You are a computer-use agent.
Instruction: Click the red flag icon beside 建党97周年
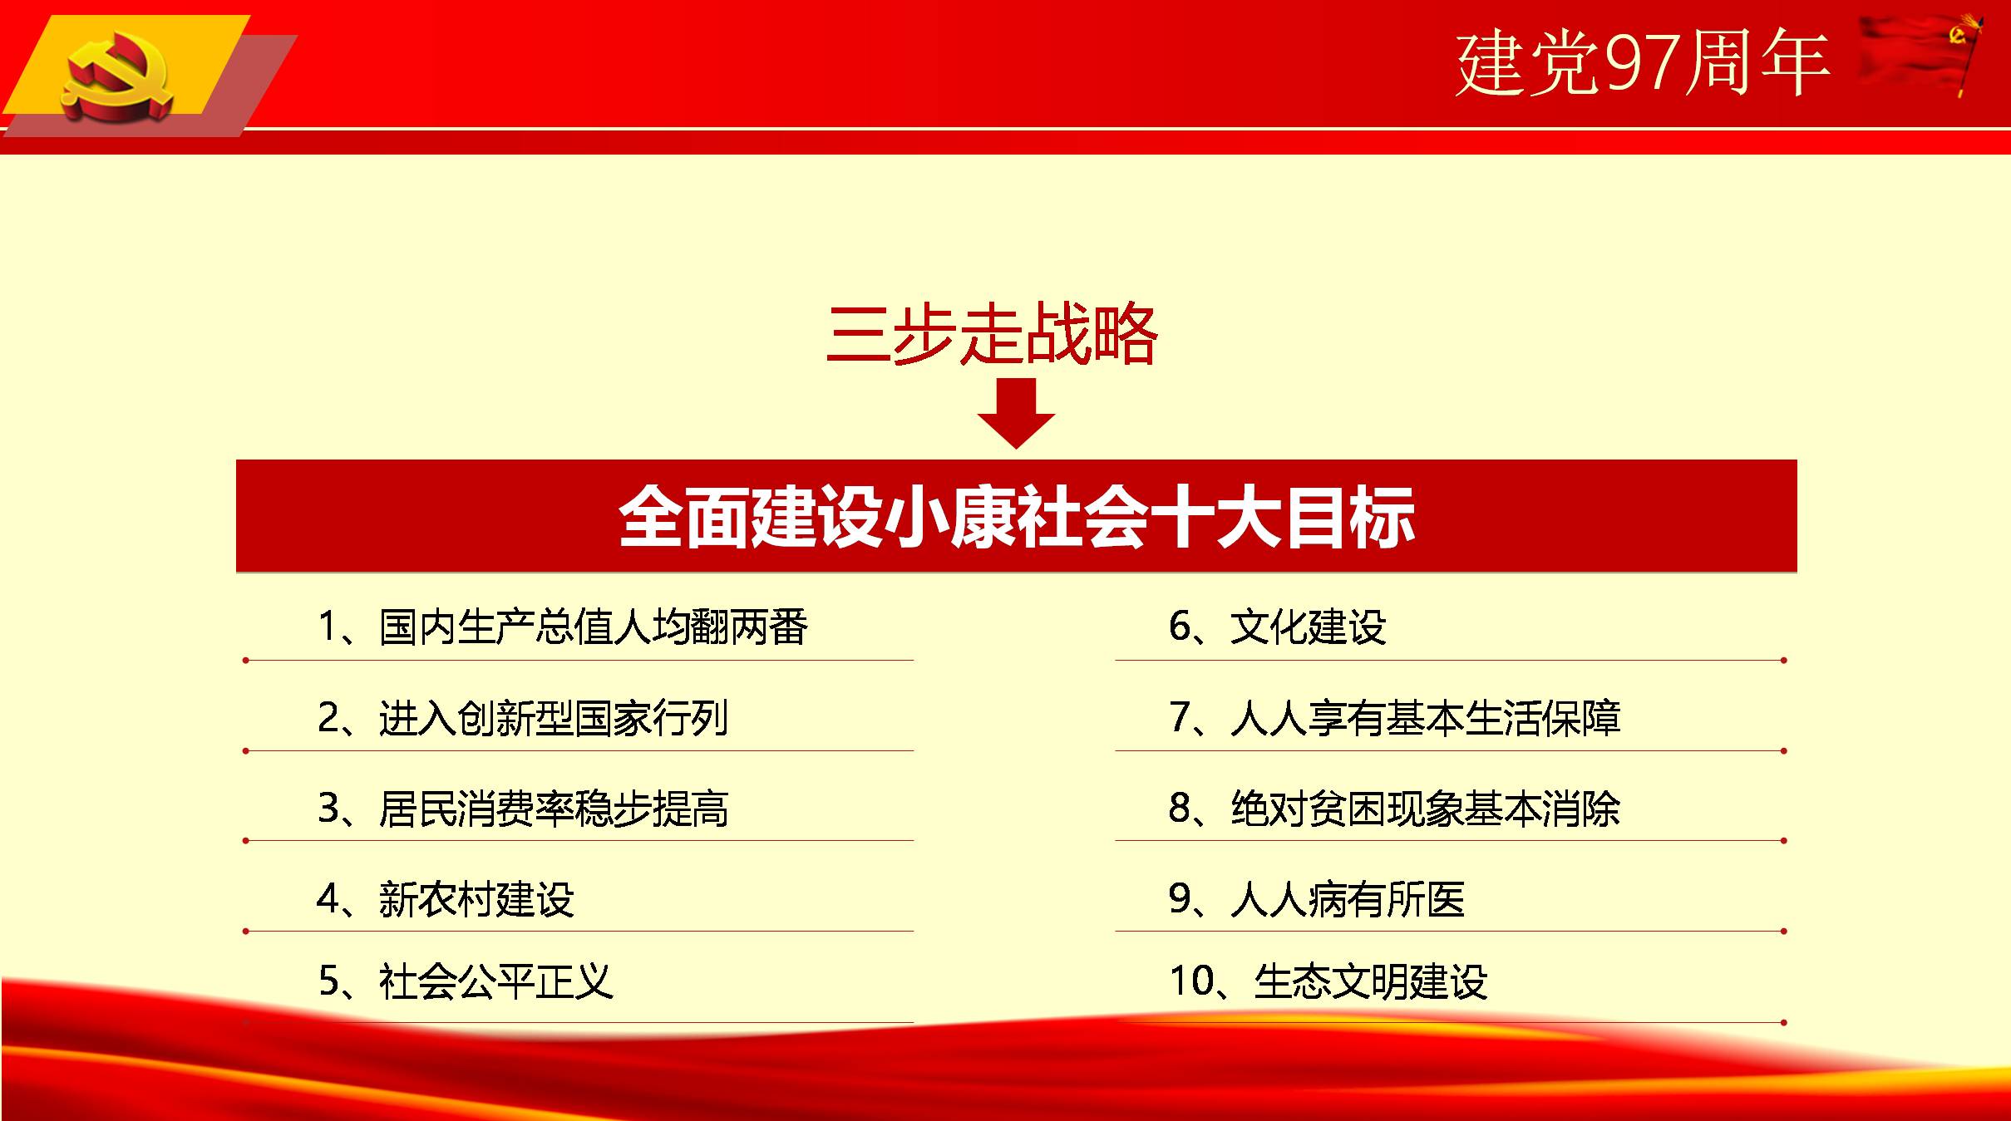pyautogui.click(x=1920, y=54)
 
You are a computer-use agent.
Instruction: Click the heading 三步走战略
pyautogui.click(x=993, y=335)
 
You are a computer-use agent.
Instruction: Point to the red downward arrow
pyautogui.click(x=1016, y=413)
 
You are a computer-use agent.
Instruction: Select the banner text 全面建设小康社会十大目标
pyautogui.click(x=1016, y=517)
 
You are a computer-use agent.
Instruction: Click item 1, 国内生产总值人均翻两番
pyautogui.click(x=563, y=627)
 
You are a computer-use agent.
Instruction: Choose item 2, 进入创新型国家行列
pyautogui.click(x=523, y=718)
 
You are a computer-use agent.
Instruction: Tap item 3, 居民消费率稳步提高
pyautogui.click(x=523, y=809)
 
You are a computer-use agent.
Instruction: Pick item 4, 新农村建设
pyautogui.click(x=446, y=899)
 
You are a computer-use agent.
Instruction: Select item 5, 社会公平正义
pyautogui.click(x=466, y=981)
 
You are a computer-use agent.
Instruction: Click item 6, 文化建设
pyautogui.click(x=1278, y=627)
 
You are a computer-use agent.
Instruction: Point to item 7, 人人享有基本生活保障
pyautogui.click(x=1395, y=718)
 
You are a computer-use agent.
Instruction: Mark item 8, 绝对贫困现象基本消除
pyautogui.click(x=1395, y=809)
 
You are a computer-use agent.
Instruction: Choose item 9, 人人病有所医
pyautogui.click(x=1317, y=899)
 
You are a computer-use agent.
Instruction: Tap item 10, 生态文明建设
pyautogui.click(x=1328, y=981)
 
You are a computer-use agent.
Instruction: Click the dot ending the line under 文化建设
pyautogui.click(x=1783, y=661)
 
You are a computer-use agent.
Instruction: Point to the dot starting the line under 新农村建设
pyautogui.click(x=246, y=932)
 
